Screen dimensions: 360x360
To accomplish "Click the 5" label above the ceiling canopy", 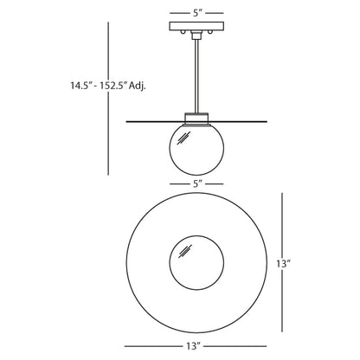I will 198,12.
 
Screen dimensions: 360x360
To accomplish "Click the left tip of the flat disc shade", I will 127,121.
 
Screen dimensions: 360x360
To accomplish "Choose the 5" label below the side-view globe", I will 198,183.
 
